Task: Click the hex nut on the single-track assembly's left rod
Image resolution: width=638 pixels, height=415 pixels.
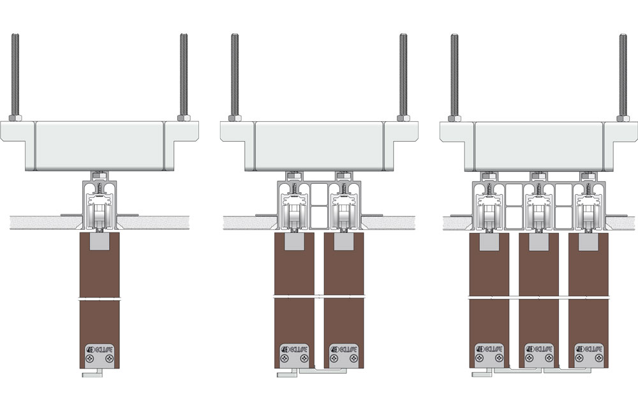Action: (15, 118)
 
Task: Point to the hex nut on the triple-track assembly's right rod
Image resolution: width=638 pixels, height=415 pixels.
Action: (623, 118)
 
